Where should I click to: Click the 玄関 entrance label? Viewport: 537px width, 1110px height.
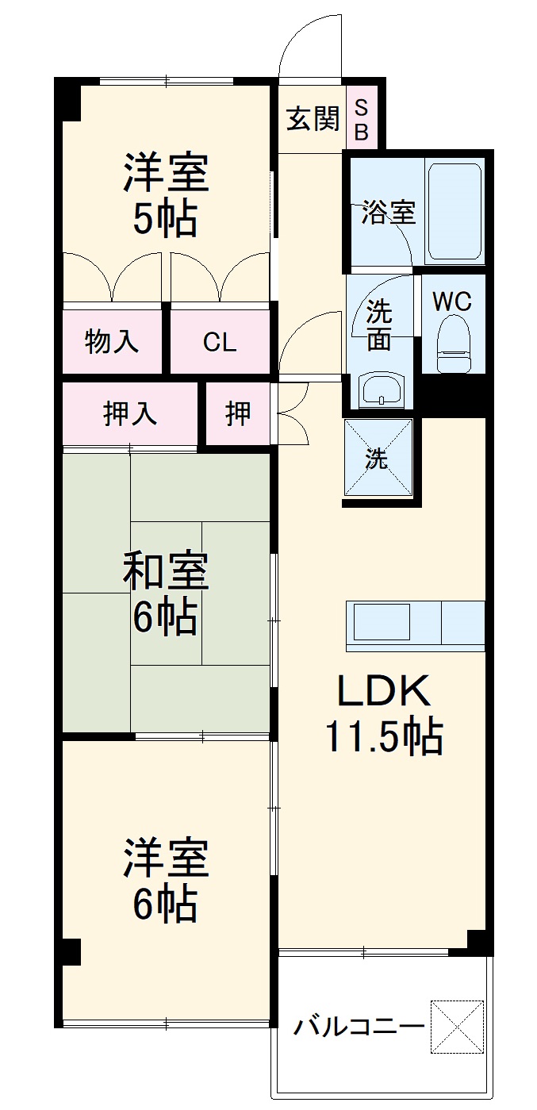313,119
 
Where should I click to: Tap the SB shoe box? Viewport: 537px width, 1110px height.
361,119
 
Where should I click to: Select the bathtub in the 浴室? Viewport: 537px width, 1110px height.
455,212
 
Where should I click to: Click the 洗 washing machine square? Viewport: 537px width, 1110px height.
378,459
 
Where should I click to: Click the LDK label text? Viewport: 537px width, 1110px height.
385,691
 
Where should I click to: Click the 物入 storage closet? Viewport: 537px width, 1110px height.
112,342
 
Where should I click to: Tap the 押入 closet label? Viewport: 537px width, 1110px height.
129,413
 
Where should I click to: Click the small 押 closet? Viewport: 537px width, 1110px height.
237,413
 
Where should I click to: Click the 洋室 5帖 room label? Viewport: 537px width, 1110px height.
166,194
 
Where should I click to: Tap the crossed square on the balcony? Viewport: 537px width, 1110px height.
457,1027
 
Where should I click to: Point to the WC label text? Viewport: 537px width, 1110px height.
452,302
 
